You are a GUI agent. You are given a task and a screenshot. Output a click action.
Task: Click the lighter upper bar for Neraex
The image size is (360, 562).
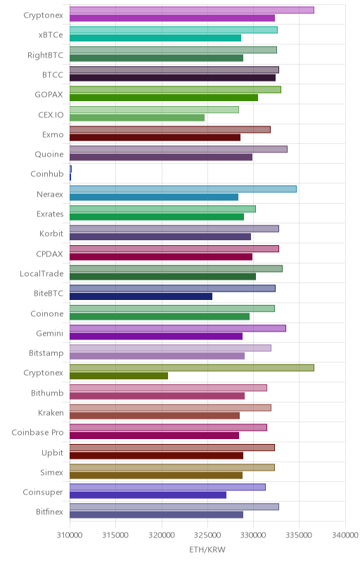click(183, 189)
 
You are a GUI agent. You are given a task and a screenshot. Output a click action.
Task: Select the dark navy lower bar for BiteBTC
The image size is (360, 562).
click(141, 296)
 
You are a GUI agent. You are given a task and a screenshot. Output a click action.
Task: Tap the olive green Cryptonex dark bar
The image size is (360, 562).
click(119, 376)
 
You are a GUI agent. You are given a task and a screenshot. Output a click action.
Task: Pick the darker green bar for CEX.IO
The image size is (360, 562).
click(137, 117)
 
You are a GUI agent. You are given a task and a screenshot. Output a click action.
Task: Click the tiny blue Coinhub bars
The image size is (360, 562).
click(70, 173)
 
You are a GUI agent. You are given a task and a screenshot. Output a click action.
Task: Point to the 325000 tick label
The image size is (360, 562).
click(207, 535)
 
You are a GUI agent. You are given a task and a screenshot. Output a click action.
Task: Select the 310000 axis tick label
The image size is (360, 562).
click(70, 535)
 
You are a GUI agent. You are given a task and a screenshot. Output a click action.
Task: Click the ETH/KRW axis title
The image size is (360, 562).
click(207, 549)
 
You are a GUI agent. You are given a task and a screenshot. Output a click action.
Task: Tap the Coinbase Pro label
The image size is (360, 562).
click(37, 432)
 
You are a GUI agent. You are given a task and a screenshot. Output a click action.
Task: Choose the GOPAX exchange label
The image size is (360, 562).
click(49, 95)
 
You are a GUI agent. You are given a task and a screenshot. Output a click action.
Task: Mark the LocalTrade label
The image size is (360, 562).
click(41, 273)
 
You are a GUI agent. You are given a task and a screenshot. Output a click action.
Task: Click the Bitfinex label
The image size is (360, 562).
click(49, 511)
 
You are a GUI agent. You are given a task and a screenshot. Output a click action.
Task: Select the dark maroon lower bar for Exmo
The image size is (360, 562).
click(155, 137)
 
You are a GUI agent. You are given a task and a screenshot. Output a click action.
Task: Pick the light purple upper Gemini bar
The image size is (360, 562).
click(177, 328)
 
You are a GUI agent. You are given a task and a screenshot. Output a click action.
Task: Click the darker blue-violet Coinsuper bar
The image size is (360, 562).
click(148, 495)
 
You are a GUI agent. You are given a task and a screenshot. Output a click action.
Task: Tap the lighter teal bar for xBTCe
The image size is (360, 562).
click(174, 30)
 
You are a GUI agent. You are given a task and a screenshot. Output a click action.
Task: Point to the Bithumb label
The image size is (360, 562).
click(47, 393)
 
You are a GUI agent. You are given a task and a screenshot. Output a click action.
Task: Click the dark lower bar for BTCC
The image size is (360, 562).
click(172, 78)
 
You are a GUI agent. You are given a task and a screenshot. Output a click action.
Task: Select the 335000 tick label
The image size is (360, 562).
click(300, 535)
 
